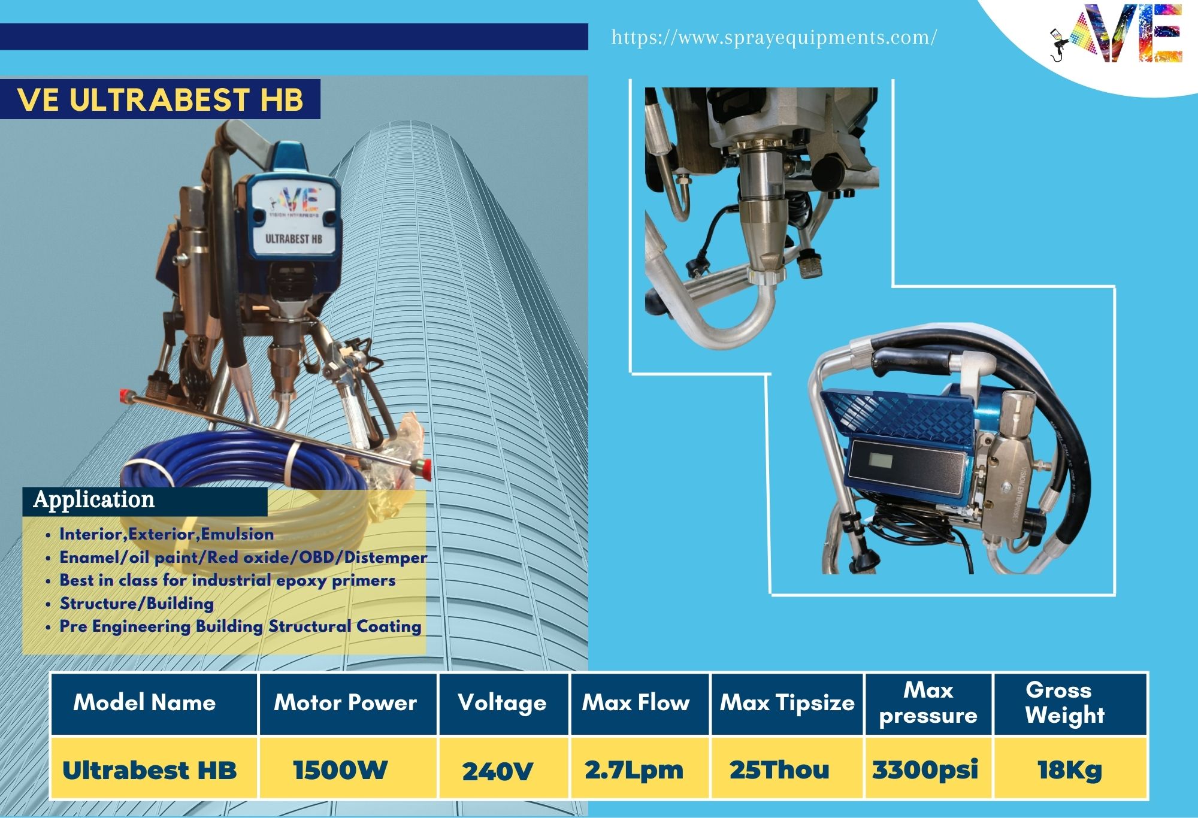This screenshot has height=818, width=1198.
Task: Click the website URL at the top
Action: click(774, 38)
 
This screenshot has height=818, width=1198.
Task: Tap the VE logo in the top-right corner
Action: click(1117, 34)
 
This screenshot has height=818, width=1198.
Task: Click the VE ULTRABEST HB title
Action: click(161, 99)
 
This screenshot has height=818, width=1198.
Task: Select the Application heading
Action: click(94, 500)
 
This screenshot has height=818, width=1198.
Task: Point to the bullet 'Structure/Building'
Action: click(137, 603)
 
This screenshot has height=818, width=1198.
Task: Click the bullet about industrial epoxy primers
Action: click(228, 580)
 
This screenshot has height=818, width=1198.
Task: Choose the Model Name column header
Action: click(144, 702)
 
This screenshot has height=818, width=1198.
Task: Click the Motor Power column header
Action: click(345, 702)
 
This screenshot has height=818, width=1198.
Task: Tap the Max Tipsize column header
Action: click(787, 703)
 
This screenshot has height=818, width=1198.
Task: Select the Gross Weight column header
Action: click(1064, 702)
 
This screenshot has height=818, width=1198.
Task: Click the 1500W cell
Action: click(340, 770)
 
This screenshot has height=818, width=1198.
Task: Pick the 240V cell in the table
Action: click(497, 771)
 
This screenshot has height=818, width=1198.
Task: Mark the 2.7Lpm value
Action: click(634, 770)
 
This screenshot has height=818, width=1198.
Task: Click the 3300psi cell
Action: click(925, 770)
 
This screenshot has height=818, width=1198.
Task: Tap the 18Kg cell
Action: click(1070, 770)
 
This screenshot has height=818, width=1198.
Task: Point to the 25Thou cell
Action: click(779, 770)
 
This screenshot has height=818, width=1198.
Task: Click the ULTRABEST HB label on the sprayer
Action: click(294, 239)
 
